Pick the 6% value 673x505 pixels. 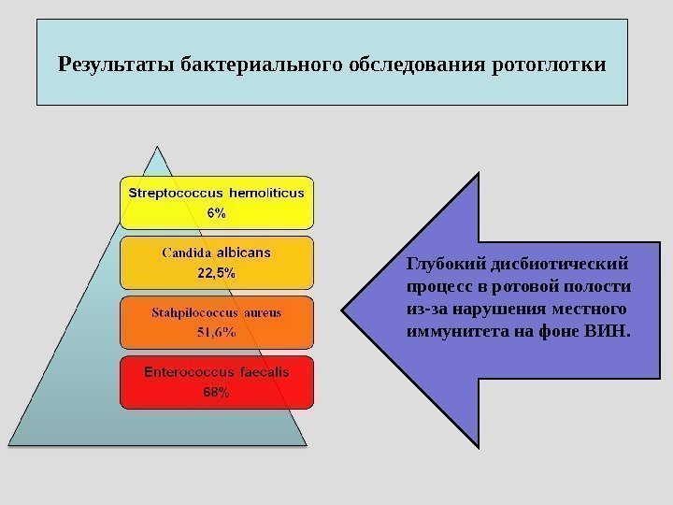click(x=216, y=212)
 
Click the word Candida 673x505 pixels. click(x=186, y=252)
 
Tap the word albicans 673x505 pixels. click(x=244, y=252)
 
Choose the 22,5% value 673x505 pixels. click(x=216, y=273)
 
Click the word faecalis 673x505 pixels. click(x=265, y=372)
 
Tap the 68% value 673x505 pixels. click(x=216, y=392)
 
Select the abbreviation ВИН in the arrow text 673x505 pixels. click(x=612, y=331)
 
